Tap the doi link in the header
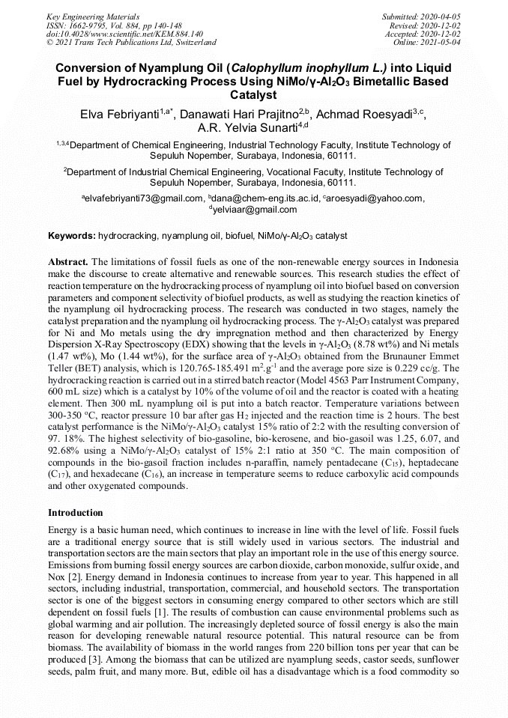pyautogui.click(x=124, y=34)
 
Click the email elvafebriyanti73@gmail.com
pyautogui.click(x=143, y=198)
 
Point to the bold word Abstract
pyautogui.click(x=67, y=261)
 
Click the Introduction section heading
pyautogui.click(x=76, y=513)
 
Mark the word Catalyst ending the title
pyautogui.click(x=253, y=95)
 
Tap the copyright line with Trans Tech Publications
pyautogui.click(x=131, y=43)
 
